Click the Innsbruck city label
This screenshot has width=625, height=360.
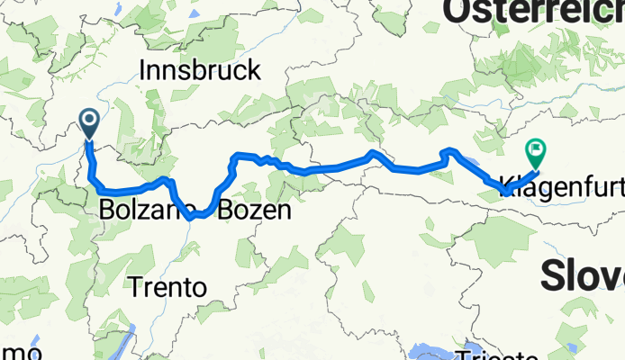[x=201, y=70]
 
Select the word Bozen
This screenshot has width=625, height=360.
[x=255, y=211]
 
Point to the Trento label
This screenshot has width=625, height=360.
[x=168, y=288]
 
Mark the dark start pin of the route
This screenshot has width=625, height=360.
[x=90, y=121]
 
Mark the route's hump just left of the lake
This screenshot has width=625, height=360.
[x=450, y=151]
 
